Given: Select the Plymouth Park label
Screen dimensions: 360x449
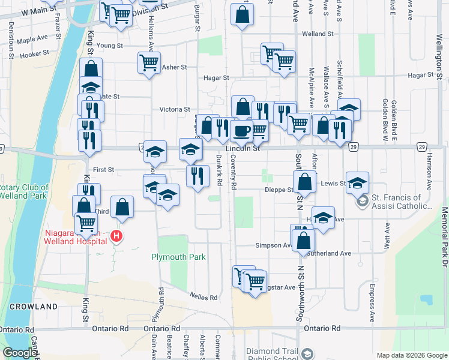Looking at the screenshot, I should point(178,257).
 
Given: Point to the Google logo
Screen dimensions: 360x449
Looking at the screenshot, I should point(20,353).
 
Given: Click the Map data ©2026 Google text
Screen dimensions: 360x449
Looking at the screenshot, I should point(412,355).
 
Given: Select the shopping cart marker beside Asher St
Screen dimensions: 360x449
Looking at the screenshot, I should point(148,62).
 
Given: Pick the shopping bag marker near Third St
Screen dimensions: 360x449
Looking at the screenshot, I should point(122,207).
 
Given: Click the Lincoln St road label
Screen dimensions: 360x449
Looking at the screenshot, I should point(243,148).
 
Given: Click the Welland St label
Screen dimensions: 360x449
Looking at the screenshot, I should point(318,34).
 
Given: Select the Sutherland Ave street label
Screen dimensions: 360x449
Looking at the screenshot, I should point(329,253).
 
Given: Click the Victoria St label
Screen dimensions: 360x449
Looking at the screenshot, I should point(175,110).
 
